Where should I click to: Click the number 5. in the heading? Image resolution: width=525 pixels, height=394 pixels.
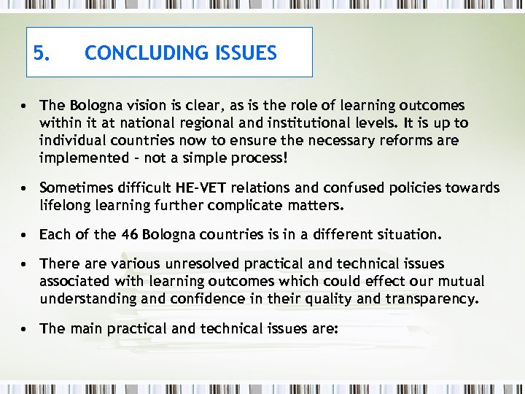click(x=42, y=53)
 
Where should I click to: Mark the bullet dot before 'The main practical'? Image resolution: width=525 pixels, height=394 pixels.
click(x=25, y=328)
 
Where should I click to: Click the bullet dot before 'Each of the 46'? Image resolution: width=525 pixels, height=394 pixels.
click(x=25, y=235)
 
